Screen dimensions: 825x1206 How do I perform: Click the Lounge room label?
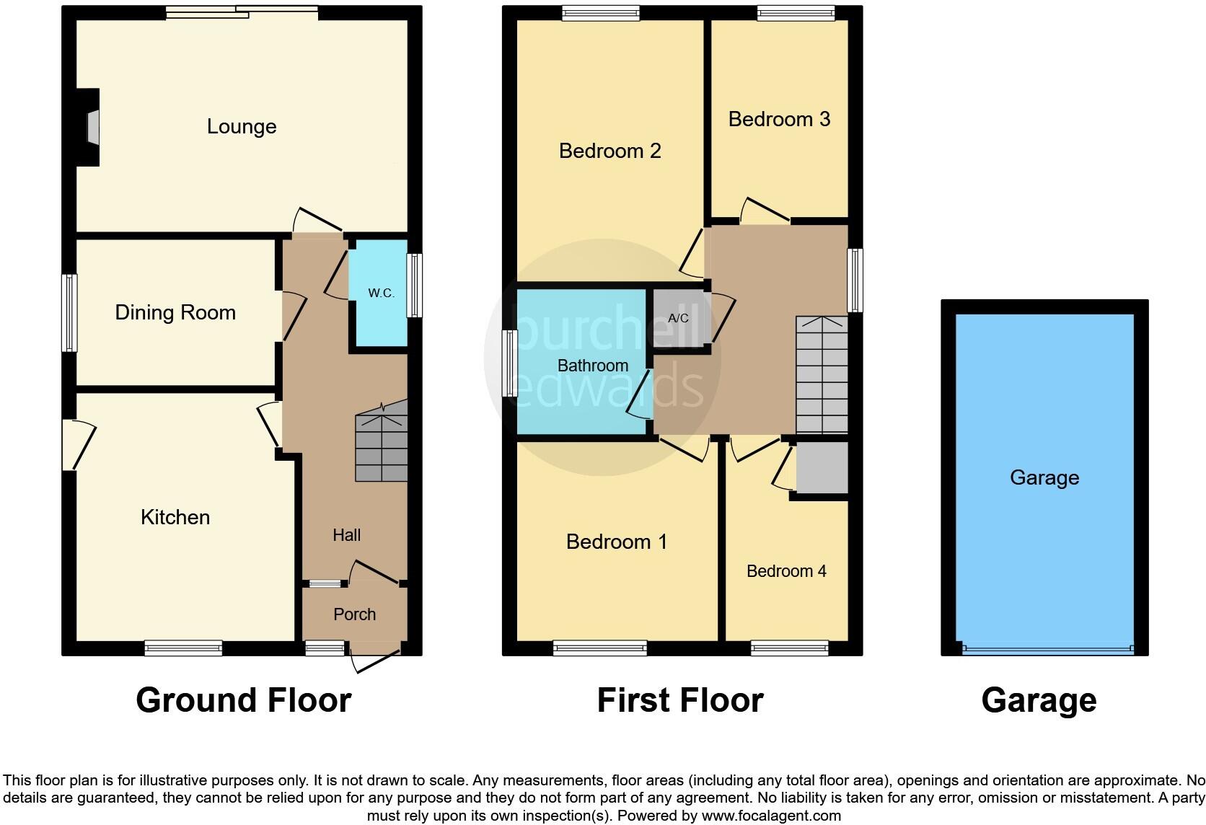point(242,127)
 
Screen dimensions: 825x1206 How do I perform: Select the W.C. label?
point(381,293)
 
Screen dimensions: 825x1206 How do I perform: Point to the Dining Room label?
point(175,312)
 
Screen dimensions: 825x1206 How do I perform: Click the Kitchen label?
point(175,517)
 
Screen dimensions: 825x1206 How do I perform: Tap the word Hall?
point(346,535)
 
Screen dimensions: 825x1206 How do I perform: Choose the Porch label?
point(354,614)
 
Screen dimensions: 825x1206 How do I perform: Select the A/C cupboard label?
point(678,318)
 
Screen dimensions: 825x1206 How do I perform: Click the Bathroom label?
point(593,366)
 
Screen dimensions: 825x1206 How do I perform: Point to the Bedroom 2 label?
point(609,151)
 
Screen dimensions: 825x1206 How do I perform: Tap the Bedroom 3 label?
point(779,119)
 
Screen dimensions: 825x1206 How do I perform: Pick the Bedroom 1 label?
point(616,542)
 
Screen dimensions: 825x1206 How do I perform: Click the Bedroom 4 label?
point(786,571)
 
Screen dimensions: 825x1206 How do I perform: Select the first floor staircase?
point(822,375)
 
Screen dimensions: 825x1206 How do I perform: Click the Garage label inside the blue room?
point(1044,477)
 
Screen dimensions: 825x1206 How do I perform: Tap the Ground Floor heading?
point(243,700)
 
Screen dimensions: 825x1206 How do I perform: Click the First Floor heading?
point(680,700)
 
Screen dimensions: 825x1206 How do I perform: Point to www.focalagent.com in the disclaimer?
point(771,816)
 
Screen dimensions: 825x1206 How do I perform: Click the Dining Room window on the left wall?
point(69,312)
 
